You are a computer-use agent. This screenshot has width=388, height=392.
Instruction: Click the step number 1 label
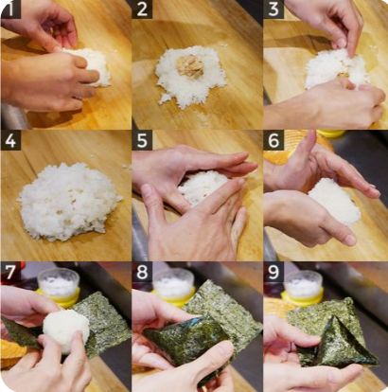pos(10,9)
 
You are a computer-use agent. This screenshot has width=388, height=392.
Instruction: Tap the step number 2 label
pos(142,9)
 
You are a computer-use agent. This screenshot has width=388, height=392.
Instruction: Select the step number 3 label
pos(273,9)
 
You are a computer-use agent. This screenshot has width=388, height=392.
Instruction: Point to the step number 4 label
pos(10,141)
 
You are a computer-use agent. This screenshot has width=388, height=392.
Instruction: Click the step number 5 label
pos(142,141)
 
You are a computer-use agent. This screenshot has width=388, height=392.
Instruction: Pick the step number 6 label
pos(273,141)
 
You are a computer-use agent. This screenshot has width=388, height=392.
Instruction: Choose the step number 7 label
pos(10,272)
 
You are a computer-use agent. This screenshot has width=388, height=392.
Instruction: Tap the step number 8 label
pos(142,272)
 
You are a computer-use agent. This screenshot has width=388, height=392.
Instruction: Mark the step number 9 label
pos(273,272)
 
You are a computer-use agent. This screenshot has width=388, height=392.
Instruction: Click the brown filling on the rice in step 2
pos(188,65)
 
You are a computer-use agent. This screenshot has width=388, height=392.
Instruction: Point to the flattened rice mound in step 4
pos(69,202)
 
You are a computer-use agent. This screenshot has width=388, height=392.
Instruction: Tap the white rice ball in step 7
pos(66,329)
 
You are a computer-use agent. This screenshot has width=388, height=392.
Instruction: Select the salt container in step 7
pos(59,287)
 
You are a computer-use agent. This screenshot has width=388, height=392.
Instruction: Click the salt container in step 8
pos(173,287)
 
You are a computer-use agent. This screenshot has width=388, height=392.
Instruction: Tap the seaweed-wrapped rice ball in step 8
pos(187,339)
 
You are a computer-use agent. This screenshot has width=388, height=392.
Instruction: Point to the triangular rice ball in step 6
pos(334,201)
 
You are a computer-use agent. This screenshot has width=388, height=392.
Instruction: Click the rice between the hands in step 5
pos(202,187)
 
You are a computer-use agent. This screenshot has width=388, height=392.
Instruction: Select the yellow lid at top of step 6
pos(331,134)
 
